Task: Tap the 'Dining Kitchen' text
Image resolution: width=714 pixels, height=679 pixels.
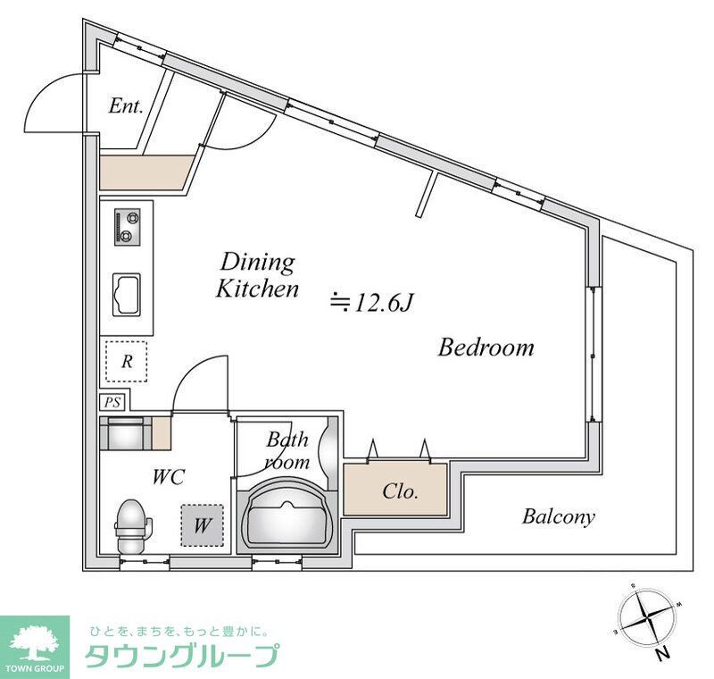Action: click(258, 275)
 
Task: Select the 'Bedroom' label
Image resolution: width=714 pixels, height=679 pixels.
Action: click(486, 347)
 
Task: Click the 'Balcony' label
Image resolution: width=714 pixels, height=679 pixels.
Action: click(558, 516)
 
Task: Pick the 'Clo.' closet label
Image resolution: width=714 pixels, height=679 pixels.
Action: click(401, 490)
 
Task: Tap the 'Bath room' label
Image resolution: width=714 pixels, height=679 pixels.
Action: click(287, 450)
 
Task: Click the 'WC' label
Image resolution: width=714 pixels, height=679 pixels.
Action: click(168, 477)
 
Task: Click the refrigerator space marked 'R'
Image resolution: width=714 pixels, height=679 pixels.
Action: click(128, 363)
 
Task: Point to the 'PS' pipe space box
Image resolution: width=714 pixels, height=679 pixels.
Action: click(112, 402)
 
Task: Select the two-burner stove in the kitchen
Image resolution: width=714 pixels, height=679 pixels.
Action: click(128, 225)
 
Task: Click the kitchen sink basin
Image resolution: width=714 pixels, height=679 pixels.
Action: click(127, 293)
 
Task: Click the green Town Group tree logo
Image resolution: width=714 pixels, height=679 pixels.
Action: click(33, 639)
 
